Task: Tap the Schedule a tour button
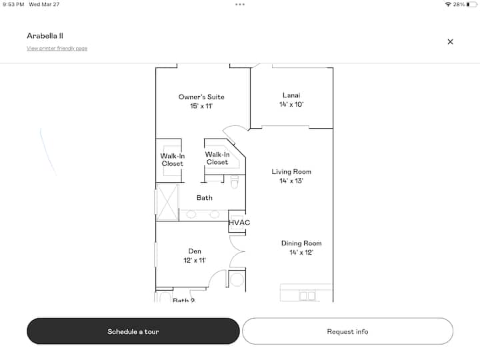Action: tap(133, 331)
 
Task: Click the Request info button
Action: tap(347, 331)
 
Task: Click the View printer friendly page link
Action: tap(57, 49)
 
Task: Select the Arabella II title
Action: tap(45, 36)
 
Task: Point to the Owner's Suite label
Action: tap(201, 97)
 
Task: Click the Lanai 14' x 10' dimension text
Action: tap(291, 105)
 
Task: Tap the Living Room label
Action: tap(291, 172)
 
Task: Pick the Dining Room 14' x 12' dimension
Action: tap(301, 253)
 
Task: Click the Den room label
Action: tap(195, 251)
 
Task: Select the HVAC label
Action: tap(239, 223)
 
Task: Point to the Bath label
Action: tap(205, 198)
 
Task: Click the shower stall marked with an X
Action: tap(167, 202)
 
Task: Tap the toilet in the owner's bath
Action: tap(235, 182)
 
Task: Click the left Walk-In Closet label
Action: tap(173, 160)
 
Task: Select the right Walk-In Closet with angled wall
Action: tap(217, 158)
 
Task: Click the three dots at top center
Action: tap(240, 4)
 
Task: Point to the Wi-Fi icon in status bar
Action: tap(448, 4)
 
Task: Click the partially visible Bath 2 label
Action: tap(184, 300)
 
